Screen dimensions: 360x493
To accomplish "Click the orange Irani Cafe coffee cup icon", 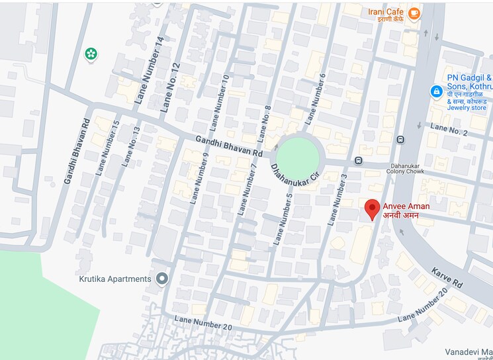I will [x=414, y=13].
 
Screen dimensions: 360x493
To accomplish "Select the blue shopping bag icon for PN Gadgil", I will [x=436, y=91].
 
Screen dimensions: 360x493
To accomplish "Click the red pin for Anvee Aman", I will [x=373, y=208].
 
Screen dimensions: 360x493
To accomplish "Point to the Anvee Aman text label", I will [x=406, y=206].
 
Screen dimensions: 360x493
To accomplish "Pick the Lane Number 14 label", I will [x=149, y=69].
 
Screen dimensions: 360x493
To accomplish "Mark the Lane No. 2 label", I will [x=448, y=129].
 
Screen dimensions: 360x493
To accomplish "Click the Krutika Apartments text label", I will [x=111, y=279].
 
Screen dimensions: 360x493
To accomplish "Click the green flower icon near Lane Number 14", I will [x=92, y=54].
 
